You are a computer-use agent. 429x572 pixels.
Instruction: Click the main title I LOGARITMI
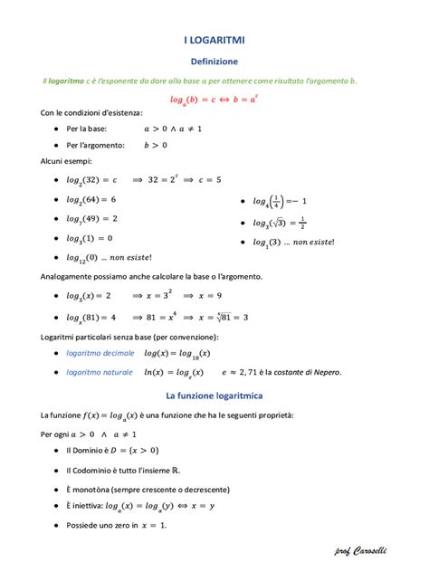pyautogui.click(x=214, y=41)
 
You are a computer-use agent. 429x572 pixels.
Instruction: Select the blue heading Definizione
pyautogui.click(x=214, y=62)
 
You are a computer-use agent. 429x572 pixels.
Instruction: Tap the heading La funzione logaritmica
pyautogui.click(x=214, y=396)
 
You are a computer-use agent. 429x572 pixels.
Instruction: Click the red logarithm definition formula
pyautogui.click(x=214, y=98)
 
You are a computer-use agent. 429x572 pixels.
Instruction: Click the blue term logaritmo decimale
pyautogui.click(x=100, y=353)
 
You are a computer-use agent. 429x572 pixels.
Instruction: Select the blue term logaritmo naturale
pyautogui.click(x=100, y=372)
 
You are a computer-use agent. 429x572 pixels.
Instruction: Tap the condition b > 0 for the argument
pyautogui.click(x=156, y=144)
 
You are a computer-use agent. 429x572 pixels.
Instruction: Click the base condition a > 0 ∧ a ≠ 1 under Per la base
pyautogui.click(x=172, y=129)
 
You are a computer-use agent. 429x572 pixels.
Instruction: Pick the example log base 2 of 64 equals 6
pyautogui.click(x=91, y=199)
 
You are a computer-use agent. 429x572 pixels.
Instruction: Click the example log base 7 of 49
pyautogui.click(x=91, y=219)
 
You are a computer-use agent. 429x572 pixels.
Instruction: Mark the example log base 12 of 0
pyautogui.click(x=102, y=258)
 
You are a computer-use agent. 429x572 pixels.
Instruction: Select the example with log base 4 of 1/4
pyautogui.click(x=281, y=201)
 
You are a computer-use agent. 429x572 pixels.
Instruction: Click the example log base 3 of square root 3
pyautogui.click(x=279, y=223)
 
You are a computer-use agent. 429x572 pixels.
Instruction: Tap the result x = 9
pyautogui.click(x=216, y=296)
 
